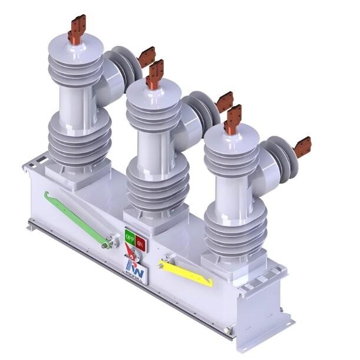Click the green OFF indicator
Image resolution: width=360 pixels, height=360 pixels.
[x=130, y=238]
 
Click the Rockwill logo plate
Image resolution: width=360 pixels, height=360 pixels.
[x=133, y=268]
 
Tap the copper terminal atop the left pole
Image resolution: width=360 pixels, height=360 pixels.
[x=77, y=29]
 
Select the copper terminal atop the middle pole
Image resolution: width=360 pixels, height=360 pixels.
[x=155, y=74]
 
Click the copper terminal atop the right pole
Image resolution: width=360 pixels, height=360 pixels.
[x=233, y=119]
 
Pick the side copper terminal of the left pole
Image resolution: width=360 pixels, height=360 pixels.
[x=146, y=57]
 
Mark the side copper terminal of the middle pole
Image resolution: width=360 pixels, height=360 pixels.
[x=224, y=101]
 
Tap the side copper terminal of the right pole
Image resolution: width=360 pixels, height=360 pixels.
[x=302, y=146]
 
